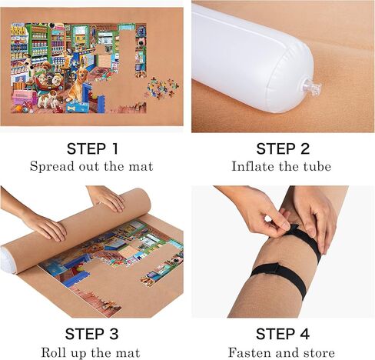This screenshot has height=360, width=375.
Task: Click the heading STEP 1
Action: (91, 148)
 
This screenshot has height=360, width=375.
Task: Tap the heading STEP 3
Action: (91, 335)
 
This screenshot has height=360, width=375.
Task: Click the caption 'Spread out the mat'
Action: (91, 166)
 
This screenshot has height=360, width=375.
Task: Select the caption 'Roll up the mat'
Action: (91, 352)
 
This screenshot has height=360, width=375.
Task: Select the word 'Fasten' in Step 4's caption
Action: (248, 352)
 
